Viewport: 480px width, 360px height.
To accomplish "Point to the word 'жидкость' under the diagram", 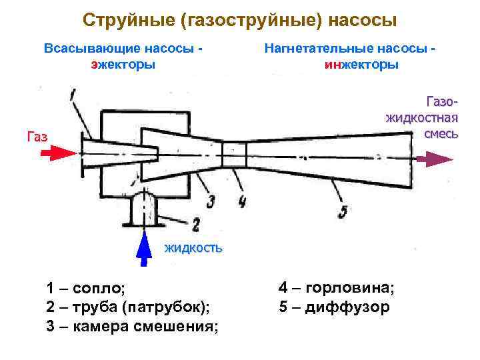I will point(193,248).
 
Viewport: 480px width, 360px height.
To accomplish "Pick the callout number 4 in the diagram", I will point(241,199).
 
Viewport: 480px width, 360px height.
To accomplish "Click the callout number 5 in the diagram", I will point(343,212).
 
